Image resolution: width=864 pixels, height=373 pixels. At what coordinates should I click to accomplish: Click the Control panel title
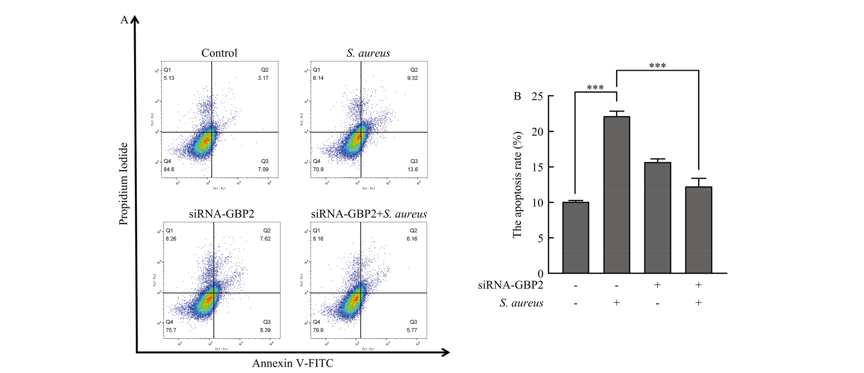click(219, 53)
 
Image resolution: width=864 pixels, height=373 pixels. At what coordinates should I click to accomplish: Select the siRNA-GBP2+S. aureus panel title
click(369, 214)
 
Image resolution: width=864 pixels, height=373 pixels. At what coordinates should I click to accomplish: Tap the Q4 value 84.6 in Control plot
click(169, 169)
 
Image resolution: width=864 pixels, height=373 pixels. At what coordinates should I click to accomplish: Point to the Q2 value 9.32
click(412, 78)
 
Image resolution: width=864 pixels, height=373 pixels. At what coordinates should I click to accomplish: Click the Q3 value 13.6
click(412, 169)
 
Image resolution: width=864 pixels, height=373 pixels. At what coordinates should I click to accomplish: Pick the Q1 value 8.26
click(171, 239)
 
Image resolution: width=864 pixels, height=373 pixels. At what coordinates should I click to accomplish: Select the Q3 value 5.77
click(412, 330)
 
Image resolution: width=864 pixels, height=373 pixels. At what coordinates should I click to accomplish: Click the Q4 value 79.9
click(318, 330)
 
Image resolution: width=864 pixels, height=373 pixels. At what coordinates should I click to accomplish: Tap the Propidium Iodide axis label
click(123, 184)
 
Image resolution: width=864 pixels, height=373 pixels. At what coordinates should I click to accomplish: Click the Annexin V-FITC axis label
click(293, 363)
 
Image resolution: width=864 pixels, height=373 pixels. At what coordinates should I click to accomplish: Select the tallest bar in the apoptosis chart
click(617, 194)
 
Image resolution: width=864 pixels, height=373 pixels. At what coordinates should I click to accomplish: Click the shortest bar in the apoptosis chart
click(576, 237)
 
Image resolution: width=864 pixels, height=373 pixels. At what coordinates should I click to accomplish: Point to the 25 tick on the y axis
click(538, 96)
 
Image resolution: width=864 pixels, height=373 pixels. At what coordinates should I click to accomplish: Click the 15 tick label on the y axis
click(538, 167)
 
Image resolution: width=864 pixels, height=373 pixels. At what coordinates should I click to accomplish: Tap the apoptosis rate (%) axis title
click(517, 185)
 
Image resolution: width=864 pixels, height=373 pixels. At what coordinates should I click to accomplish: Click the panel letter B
click(517, 96)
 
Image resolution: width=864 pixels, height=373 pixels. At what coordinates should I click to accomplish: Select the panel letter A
click(124, 20)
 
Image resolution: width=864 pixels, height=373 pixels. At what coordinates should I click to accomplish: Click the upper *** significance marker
click(657, 66)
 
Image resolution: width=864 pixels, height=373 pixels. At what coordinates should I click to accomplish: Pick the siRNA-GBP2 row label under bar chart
click(510, 285)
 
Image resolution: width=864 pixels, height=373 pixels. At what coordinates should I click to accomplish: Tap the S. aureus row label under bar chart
click(521, 303)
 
